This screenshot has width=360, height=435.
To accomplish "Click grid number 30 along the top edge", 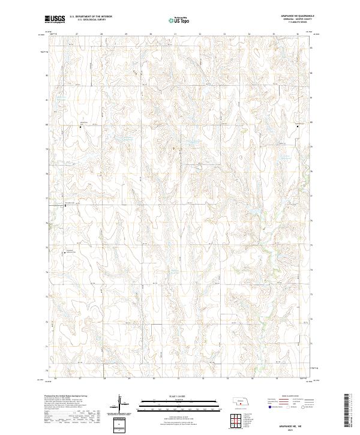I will click(x=151, y=34).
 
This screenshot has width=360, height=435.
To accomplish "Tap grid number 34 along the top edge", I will click(x=249, y=34).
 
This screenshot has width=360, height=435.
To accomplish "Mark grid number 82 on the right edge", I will click(x=311, y=75).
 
